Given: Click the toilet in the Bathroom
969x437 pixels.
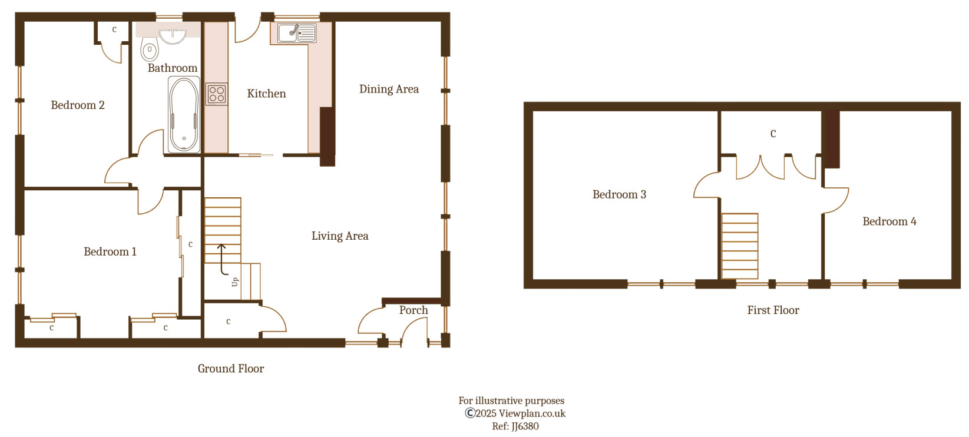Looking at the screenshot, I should pyautogui.click(x=150, y=49).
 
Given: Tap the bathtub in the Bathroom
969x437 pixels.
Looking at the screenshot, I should pyautogui.click(x=184, y=115).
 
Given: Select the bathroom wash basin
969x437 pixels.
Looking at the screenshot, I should pyautogui.click(x=173, y=36).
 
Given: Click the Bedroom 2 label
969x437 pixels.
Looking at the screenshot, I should pyautogui.click(x=77, y=105).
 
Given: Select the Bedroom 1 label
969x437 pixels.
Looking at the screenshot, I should pyautogui.click(x=110, y=252).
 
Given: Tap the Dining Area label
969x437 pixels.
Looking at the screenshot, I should pyautogui.click(x=389, y=90).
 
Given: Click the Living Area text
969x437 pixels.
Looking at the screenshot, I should pyautogui.click(x=340, y=236).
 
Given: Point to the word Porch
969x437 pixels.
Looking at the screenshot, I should pyautogui.click(x=414, y=310).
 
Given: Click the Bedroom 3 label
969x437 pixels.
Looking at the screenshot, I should pyautogui.click(x=619, y=195).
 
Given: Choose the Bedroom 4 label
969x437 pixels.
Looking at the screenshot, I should pyautogui.click(x=889, y=222).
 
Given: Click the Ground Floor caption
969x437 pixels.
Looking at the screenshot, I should pyautogui.click(x=230, y=369).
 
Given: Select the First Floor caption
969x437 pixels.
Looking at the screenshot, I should pyautogui.click(x=773, y=310).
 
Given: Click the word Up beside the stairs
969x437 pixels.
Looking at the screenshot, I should pyautogui.click(x=235, y=282).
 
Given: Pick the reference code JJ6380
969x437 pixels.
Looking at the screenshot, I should pyautogui.click(x=524, y=426).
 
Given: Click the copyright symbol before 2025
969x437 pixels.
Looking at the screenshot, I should pyautogui.click(x=470, y=413).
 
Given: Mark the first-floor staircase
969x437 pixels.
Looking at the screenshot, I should pyautogui.click(x=740, y=246).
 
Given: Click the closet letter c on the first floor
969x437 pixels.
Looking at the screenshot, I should pyautogui.click(x=773, y=134).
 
